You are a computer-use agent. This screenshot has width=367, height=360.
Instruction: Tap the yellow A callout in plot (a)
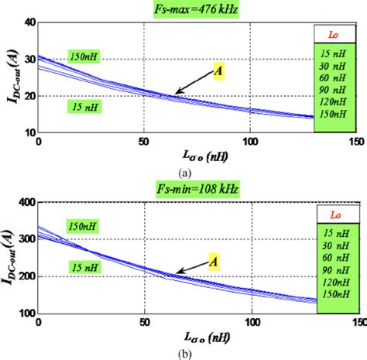coord(218,72)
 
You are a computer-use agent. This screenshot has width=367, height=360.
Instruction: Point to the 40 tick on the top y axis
coord(29,23)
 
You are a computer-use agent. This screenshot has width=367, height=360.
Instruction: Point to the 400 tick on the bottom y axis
coord(26,202)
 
